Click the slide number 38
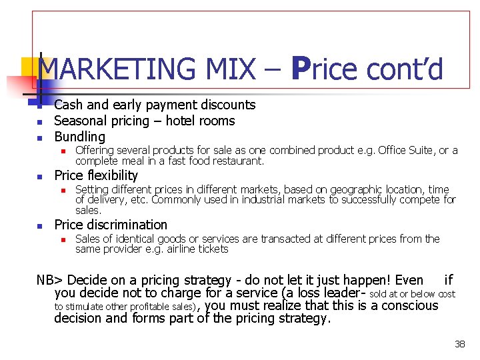coord(459,344)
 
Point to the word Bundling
coord(79,137)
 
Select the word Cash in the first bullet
coord(67,105)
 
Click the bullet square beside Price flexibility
coord(39,177)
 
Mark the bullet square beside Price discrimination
coord(39,226)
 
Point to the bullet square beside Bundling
coord(39,138)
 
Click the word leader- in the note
coord(346,293)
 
